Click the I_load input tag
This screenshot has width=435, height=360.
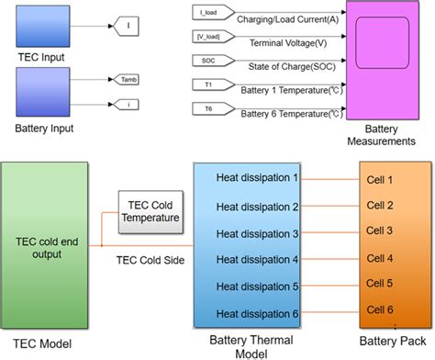[x=210, y=13]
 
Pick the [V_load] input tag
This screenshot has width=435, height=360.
[x=211, y=38]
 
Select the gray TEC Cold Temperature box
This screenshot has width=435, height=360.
[x=149, y=211]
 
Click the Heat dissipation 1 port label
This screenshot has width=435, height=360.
[x=256, y=177]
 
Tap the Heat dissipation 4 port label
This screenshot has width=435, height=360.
[x=256, y=259]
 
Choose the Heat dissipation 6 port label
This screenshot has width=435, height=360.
[x=256, y=314]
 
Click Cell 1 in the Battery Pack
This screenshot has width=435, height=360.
[x=377, y=180]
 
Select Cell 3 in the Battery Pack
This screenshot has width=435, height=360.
[x=377, y=231]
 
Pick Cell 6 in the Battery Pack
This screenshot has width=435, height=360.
[x=377, y=310]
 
